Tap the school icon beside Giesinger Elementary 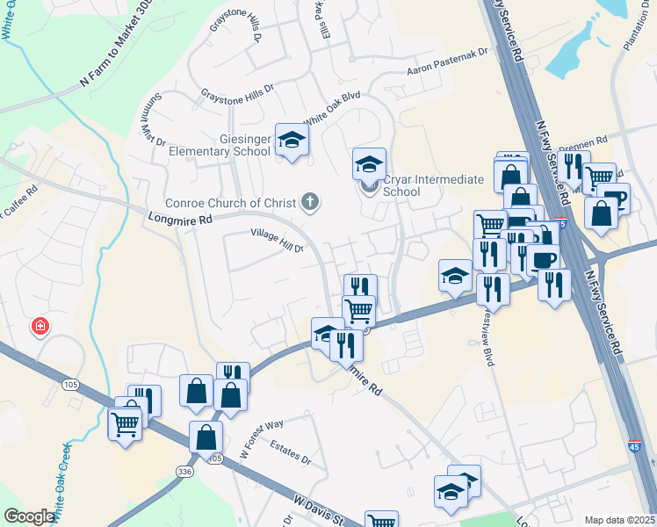292,141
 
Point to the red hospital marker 40,328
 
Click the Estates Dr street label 291,452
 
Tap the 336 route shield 184,471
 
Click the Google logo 29,516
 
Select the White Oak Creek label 60,482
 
